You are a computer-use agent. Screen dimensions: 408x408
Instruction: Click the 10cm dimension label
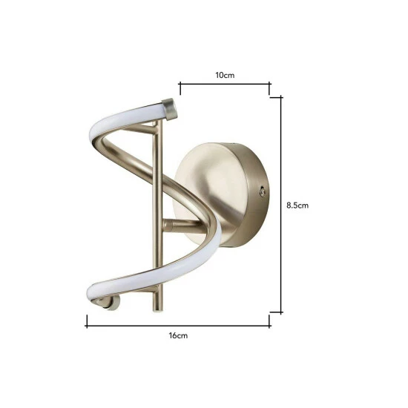pos(225,75)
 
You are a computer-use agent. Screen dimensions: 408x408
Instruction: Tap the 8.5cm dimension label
pos(297,205)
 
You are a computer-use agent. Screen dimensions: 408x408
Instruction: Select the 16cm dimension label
pos(178,335)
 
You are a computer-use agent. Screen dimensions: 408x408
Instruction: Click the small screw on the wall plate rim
pos(263,192)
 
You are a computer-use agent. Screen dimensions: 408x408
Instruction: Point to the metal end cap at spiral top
pos(170,109)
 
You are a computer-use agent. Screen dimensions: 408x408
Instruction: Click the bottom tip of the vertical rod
pos(158,310)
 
